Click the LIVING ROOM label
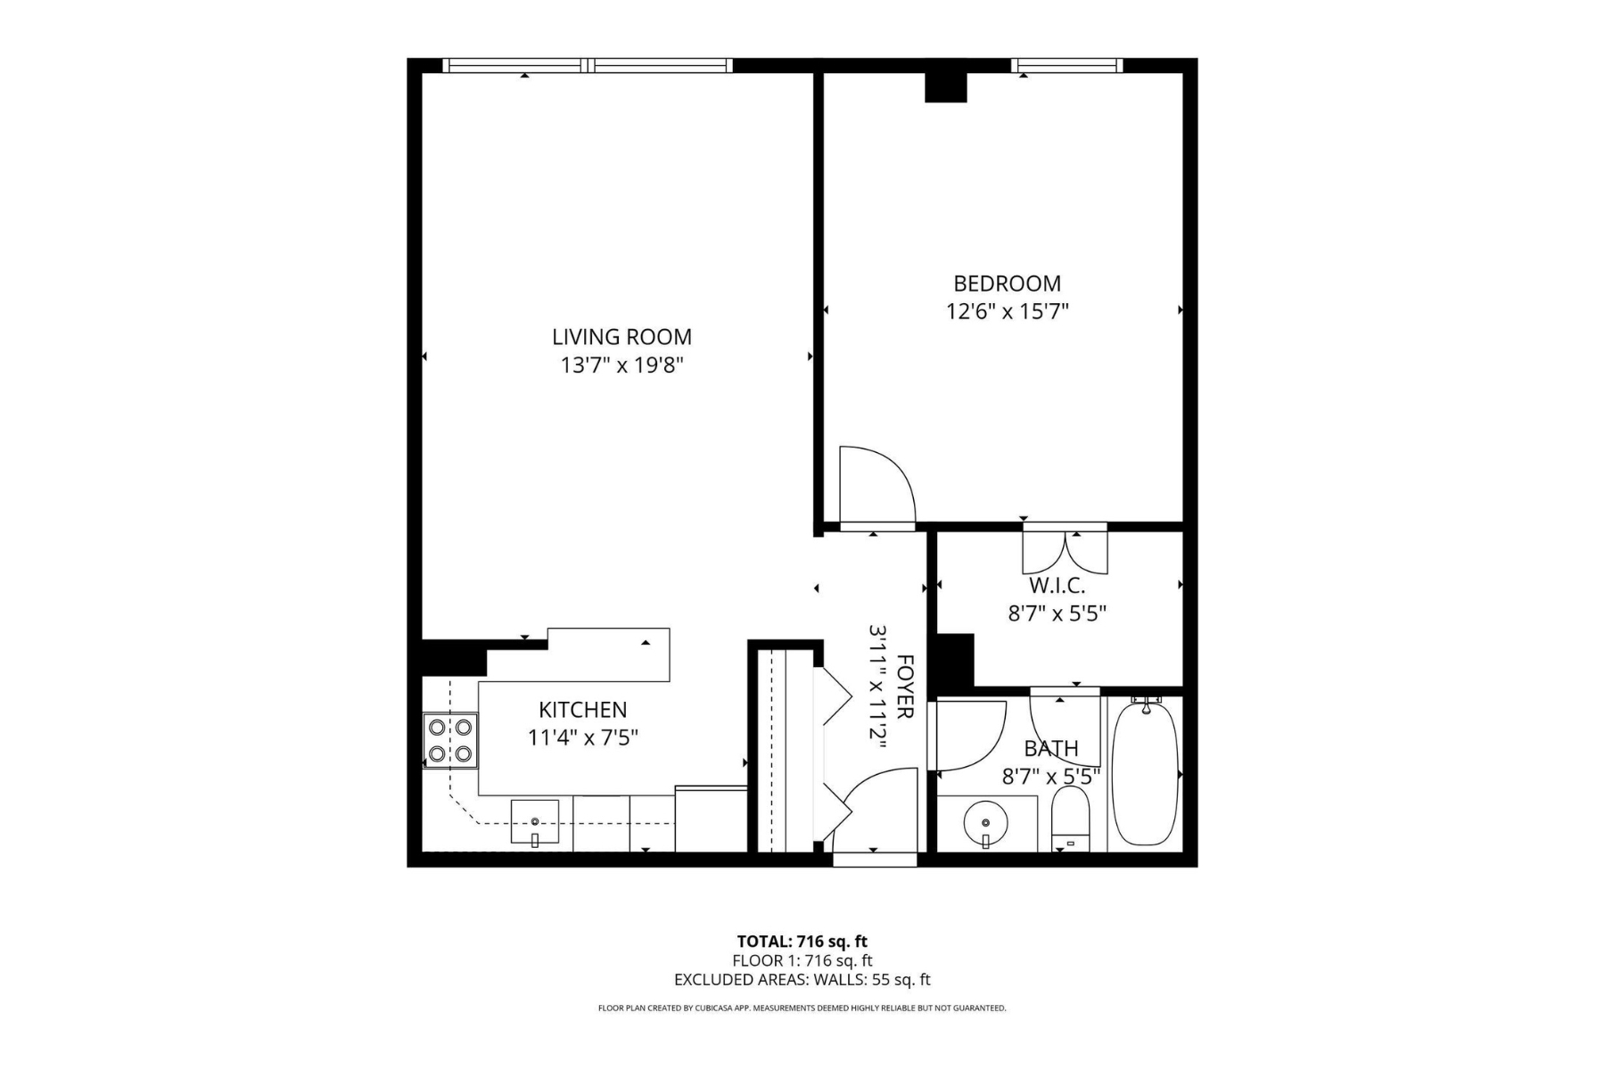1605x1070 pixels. click(621, 337)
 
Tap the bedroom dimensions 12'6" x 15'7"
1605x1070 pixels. click(1007, 312)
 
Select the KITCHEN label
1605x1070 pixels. click(582, 710)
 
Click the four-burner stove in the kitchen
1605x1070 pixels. click(450, 740)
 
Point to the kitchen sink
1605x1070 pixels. click(535, 821)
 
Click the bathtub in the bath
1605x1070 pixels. click(1145, 773)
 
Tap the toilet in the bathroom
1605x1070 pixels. click(1071, 819)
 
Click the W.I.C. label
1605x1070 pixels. click(1057, 586)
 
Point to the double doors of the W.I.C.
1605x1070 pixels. click(1065, 551)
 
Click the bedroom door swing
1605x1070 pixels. click(876, 486)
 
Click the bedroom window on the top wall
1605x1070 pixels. click(1066, 65)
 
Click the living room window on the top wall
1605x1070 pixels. click(588, 65)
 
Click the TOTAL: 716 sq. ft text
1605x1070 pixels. click(802, 941)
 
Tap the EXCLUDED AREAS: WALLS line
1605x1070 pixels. click(802, 980)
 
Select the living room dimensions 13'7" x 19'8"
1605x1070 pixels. click(621, 366)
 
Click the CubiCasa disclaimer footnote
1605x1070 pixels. click(802, 1008)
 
